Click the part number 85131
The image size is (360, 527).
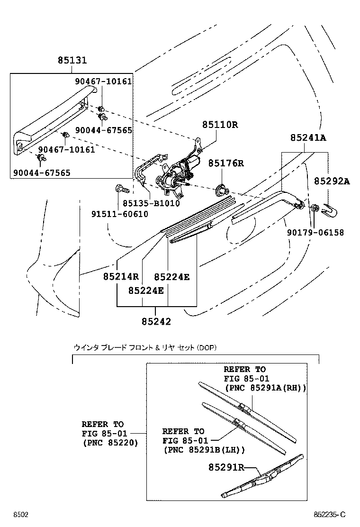pyautogui.click(x=72, y=61)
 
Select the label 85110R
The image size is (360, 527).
pyautogui.click(x=220, y=125)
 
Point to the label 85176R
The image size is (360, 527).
pyautogui.click(x=226, y=164)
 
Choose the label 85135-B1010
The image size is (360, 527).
pyautogui.click(x=151, y=203)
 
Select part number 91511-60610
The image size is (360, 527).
pyautogui.click(x=119, y=214)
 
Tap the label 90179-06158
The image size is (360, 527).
pyautogui.click(x=315, y=233)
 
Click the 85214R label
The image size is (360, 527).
pyautogui.click(x=121, y=276)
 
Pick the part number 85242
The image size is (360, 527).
pyautogui.click(x=156, y=321)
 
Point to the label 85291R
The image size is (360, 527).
pyautogui.click(x=226, y=467)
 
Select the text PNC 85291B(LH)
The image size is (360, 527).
pyautogui.click(x=204, y=450)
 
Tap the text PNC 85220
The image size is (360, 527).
pyautogui.click(x=109, y=443)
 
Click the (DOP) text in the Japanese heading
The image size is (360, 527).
pyautogui.click(x=207, y=348)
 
